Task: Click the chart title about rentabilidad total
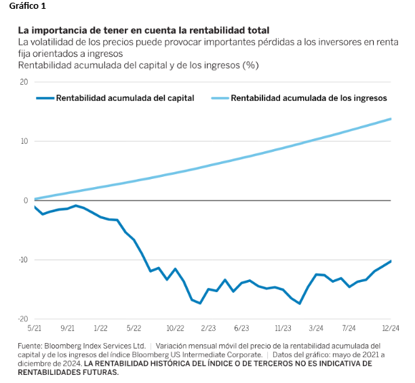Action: [x=143, y=31]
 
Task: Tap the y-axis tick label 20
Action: [x=23, y=82]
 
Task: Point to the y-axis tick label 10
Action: [x=23, y=141]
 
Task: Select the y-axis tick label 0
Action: [x=25, y=201]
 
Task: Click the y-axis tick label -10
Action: [x=22, y=260]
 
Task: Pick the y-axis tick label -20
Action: [x=22, y=319]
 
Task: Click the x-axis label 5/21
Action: [x=35, y=328]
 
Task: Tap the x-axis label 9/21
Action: [x=67, y=328]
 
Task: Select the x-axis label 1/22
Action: [x=100, y=328]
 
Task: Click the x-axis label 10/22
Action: [x=175, y=328]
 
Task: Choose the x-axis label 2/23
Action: [x=208, y=328]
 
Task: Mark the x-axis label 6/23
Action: [x=241, y=328]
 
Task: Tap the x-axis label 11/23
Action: [x=283, y=328]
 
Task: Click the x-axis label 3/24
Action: [x=316, y=328]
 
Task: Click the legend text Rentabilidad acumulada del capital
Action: [x=125, y=98]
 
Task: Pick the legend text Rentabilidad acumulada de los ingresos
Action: [x=309, y=98]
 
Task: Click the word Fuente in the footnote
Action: [x=31, y=346]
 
